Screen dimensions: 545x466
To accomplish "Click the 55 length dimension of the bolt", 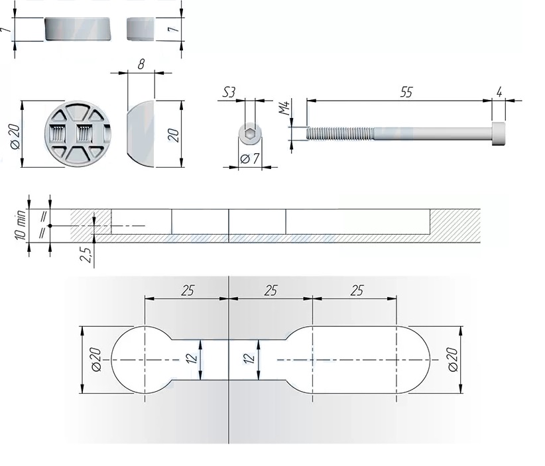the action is click(x=406, y=92).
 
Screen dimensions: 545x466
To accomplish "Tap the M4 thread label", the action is click(x=284, y=108).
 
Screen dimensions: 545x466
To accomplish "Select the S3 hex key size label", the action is click(x=229, y=92).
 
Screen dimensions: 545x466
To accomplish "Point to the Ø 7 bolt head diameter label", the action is click(x=250, y=159).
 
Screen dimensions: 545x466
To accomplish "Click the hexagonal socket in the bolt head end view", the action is click(x=250, y=134).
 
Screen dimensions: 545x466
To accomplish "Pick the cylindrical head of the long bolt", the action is click(x=499, y=134).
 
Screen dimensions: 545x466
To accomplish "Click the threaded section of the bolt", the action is click(x=340, y=134).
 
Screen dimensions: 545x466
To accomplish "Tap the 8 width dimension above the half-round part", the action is click(x=141, y=64).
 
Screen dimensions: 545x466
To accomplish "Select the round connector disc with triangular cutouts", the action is click(x=78, y=133).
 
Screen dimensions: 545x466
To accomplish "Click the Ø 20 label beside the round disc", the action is click(x=16, y=137).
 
